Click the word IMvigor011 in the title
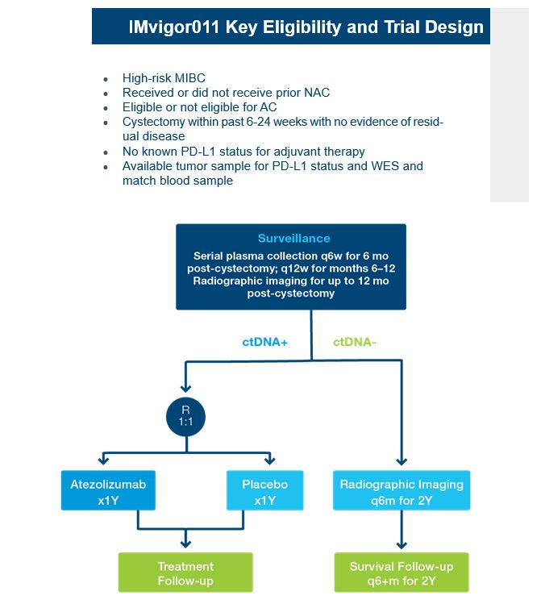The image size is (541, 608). [174, 27]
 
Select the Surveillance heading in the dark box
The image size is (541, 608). [294, 238]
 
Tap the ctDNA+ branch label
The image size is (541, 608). [265, 342]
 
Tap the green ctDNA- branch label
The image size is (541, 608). [355, 342]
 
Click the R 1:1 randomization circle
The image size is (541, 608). [185, 417]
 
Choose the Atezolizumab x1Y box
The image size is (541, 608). [108, 490]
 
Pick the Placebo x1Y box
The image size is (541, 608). [265, 490]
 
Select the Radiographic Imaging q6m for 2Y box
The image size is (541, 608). [402, 490]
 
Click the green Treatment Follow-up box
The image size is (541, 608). [185, 573]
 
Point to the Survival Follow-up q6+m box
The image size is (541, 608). [402, 573]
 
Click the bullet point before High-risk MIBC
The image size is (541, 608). [106, 80]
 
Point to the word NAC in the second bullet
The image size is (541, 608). [317, 93]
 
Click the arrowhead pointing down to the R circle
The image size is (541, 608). [185, 389]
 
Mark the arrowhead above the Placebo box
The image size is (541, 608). [269, 460]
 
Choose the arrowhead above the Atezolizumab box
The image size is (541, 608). [103, 460]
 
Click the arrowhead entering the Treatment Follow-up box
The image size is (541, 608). [185, 543]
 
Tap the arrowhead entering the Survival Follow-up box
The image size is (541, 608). [402, 545]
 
